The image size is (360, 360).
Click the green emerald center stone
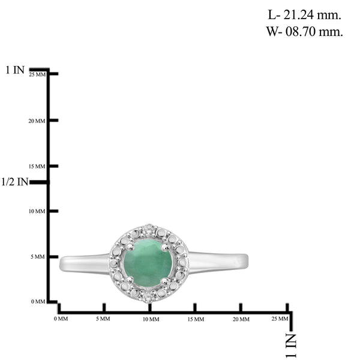148,263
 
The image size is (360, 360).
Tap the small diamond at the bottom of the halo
147,296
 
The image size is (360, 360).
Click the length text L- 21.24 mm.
304,15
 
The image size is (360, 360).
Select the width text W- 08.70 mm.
304,31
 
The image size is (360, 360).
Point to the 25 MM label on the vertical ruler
37,74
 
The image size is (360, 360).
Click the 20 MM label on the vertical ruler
37,121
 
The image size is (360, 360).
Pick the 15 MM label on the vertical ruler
37,166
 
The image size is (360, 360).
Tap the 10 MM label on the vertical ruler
37,211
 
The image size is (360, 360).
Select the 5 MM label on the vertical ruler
38,257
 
